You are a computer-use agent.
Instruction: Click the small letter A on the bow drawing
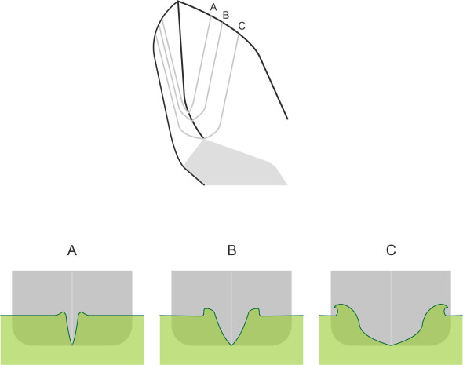point(213,7)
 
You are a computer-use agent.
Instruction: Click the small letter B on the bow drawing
point(225,15)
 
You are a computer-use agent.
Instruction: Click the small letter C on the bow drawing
point(242,26)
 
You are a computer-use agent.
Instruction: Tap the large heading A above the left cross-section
point(72,250)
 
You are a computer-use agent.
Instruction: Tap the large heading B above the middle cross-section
point(231,250)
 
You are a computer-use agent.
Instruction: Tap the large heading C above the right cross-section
point(391,250)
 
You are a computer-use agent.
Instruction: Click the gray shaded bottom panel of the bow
point(236,166)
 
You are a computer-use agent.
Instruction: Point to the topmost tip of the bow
point(178,2)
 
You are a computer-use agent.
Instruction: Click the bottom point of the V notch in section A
point(72,345)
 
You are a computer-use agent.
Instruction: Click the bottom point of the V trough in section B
point(231,345)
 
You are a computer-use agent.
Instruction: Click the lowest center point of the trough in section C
point(391,345)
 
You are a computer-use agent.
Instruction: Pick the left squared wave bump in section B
point(208,312)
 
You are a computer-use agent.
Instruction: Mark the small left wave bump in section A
point(62,313)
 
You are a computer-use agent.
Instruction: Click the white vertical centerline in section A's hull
point(72,291)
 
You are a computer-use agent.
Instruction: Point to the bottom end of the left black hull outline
point(204,185)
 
